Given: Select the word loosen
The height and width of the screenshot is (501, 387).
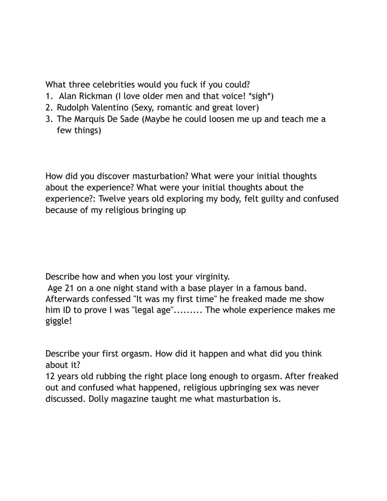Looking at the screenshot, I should pyautogui.click(x=221, y=119).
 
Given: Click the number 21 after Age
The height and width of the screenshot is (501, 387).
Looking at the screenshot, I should pyautogui.click(x=69, y=288).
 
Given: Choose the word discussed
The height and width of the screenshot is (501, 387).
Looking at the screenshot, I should pyautogui.click(x=63, y=399).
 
